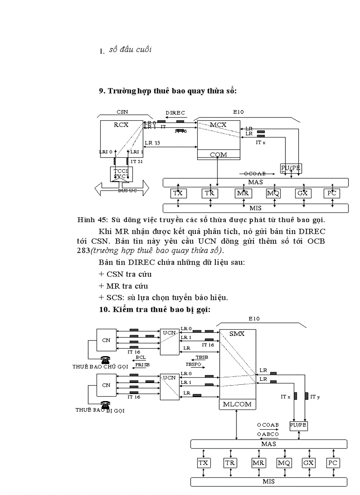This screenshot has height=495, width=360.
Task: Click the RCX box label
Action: pos(121,125)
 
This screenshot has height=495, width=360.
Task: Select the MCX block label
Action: pos(218,125)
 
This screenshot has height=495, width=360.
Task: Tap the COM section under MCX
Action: pos(218,155)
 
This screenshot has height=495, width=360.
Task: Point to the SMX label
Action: pos(237,334)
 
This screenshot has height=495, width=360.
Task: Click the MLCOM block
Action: pos(237,404)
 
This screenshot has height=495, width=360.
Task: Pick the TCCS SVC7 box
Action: pos(121,174)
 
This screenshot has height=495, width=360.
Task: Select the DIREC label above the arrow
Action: pos(175,113)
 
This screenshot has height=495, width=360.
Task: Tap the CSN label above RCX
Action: pos(122,112)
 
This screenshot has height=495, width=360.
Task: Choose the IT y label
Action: pos(315,397)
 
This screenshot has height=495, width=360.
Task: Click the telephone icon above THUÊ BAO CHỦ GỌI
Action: pos(105,359)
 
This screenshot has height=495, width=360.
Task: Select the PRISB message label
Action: pos(142,365)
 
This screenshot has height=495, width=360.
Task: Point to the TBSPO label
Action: pos(193,365)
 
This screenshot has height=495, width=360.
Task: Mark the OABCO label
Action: pos(268,434)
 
